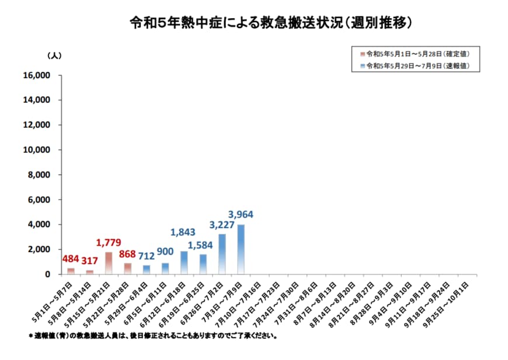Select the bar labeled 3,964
point(241,249)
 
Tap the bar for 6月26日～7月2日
point(222,254)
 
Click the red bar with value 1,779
point(109,263)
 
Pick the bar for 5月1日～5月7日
point(71,271)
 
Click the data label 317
point(89,260)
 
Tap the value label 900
point(165,252)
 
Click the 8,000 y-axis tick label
point(42,174)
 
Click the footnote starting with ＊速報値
point(153,336)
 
